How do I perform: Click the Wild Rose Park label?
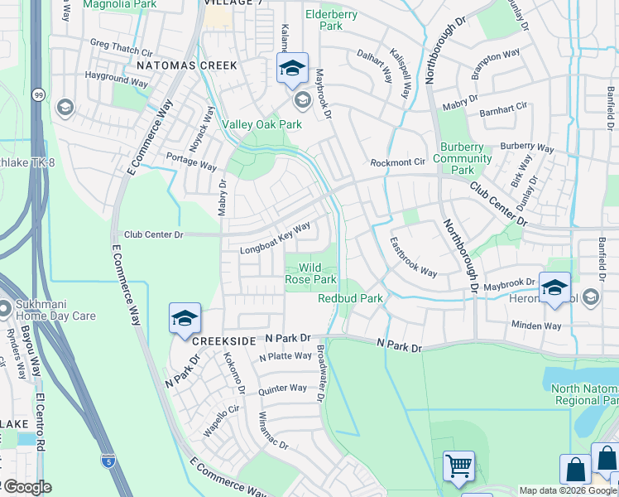coord(310,273)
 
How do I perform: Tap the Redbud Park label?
coord(350,298)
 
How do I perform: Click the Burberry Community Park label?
coord(463,158)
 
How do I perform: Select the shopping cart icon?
coord(458,465)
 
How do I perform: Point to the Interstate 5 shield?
coord(108,460)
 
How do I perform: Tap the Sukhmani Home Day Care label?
coord(55,310)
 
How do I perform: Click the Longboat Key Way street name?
coord(275,238)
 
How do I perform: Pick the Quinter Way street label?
coord(282,388)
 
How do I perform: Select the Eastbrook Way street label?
coord(413,258)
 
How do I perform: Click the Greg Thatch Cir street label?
coord(122,48)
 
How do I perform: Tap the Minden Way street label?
coord(535,326)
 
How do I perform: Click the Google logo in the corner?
coord(26,487)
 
